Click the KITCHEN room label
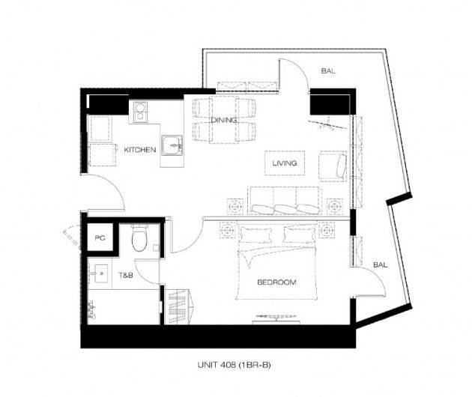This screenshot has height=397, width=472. (x=140, y=150)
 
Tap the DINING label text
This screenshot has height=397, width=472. (x=224, y=120)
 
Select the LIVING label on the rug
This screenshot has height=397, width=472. (x=285, y=163)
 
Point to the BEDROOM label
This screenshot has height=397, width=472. (x=276, y=282)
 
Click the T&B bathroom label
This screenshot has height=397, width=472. (x=126, y=275)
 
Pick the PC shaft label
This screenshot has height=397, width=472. (x=100, y=237)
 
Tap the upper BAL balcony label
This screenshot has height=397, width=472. (x=328, y=71)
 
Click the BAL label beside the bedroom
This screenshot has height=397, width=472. (x=380, y=265)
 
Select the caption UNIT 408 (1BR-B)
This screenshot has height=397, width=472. (x=235, y=365)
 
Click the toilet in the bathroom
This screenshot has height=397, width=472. (x=139, y=237)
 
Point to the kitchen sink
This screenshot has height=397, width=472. (x=172, y=145)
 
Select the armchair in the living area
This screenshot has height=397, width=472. (x=333, y=166)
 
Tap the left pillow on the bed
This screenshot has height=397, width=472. (x=255, y=234)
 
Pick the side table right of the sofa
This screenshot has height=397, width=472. (x=334, y=207)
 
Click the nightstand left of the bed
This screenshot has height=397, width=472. (x=227, y=230)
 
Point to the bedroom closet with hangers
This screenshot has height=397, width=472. (x=178, y=306)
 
